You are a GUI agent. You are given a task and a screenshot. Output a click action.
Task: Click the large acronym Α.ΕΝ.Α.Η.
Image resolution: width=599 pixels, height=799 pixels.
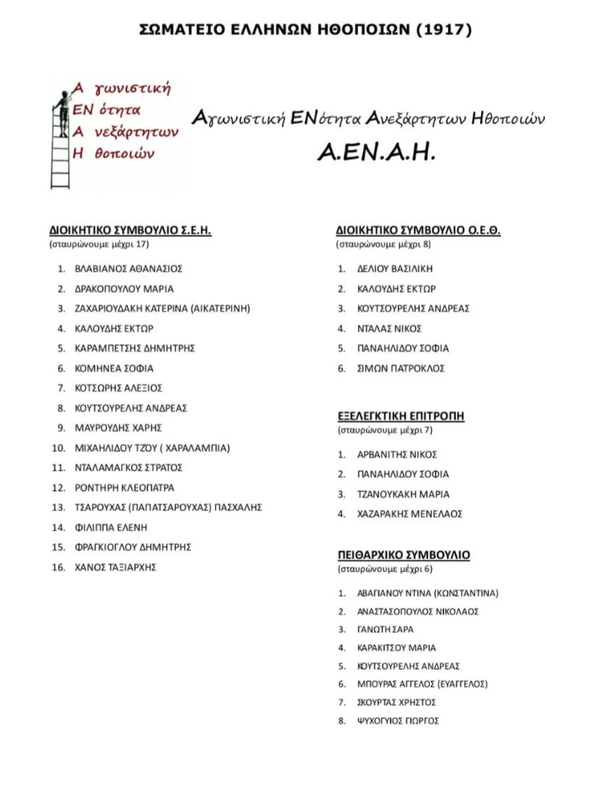376,152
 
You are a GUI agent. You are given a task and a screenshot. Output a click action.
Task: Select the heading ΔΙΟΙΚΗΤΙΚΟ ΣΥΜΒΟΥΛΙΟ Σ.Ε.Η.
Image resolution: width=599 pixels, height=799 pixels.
130,230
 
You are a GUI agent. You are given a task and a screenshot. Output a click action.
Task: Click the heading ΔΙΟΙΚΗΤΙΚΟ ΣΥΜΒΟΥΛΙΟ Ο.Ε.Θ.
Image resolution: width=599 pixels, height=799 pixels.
418,230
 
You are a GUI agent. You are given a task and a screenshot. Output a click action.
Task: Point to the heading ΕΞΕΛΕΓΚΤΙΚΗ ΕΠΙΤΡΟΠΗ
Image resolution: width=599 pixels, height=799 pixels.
401,416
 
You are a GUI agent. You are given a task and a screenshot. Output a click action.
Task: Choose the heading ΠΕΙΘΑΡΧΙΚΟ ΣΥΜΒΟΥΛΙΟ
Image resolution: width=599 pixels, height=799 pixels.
403,555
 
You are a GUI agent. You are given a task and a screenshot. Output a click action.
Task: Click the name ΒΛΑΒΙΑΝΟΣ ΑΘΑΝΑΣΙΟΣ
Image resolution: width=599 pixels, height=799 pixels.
128,269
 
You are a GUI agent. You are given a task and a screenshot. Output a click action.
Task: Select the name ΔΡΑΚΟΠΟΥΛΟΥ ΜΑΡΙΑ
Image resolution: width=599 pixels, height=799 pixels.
124,289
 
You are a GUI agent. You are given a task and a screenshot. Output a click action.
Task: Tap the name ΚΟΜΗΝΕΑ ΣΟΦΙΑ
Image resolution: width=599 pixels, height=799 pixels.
114,368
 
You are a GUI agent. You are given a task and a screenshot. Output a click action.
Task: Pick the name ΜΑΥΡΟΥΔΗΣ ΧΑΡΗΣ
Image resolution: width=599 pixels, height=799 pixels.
118,428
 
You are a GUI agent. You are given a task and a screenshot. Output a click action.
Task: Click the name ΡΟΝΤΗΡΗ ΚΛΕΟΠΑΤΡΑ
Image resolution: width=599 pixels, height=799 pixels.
124,488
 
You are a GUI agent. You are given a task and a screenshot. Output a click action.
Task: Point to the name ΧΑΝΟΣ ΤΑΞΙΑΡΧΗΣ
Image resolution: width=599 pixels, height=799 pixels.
115,567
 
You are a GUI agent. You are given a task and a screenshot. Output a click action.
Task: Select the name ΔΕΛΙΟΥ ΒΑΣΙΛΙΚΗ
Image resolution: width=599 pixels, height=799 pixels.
395,269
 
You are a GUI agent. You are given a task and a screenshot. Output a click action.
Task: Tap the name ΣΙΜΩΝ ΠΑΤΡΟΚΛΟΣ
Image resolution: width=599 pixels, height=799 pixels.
401,368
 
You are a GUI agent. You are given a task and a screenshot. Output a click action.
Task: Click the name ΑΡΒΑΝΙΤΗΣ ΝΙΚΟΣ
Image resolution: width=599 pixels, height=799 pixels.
397,455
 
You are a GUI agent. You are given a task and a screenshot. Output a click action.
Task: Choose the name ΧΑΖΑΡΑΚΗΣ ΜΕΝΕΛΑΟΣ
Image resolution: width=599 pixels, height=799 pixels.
410,514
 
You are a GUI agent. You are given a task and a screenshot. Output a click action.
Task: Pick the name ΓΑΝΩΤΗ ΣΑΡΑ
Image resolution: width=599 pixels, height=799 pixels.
385,630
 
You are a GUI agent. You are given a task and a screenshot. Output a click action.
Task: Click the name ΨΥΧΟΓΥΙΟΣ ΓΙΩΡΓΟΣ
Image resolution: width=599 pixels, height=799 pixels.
398,721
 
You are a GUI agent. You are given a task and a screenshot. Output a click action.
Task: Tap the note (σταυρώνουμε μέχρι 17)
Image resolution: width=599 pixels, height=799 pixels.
99,244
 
